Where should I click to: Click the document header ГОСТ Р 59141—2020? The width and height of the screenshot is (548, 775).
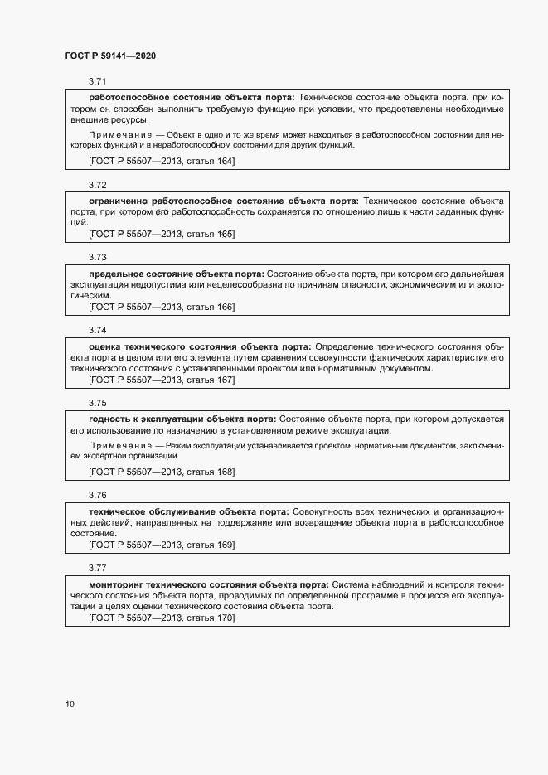click(x=110, y=56)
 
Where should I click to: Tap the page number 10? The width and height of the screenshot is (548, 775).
click(x=70, y=705)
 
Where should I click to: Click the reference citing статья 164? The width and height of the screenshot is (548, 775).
click(x=162, y=161)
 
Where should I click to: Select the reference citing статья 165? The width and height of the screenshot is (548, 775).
click(x=162, y=234)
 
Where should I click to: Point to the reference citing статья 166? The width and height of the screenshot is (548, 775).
click(x=162, y=307)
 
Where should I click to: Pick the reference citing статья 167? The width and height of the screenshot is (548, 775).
click(x=162, y=380)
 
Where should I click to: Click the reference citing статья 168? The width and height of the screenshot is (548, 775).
click(x=162, y=472)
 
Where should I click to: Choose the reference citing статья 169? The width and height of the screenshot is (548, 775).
click(x=162, y=545)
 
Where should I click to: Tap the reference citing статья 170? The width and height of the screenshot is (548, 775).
click(x=162, y=618)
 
